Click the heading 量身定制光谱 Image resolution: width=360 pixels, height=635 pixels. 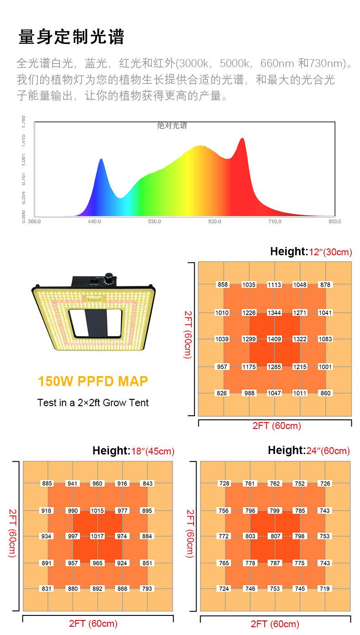(71, 37)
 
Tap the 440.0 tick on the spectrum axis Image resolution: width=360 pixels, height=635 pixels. (94, 221)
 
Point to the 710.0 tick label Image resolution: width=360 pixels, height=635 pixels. (274, 221)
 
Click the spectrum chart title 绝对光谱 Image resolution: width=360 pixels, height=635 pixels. (172, 126)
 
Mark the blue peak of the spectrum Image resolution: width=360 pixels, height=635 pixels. (101, 160)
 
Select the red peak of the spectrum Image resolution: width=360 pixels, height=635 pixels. (242, 139)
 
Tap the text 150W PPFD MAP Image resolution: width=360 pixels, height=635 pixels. (93, 381)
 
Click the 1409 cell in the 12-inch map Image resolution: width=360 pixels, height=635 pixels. (274, 339)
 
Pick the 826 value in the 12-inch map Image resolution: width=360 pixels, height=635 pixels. (222, 393)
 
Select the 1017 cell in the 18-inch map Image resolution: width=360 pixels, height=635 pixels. (97, 537)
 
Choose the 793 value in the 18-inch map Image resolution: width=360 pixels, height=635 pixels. (147, 589)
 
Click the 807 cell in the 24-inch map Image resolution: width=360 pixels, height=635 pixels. (275, 537)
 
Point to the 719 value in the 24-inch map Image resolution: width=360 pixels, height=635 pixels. (324, 589)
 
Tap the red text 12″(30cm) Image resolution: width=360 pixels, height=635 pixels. (331, 252)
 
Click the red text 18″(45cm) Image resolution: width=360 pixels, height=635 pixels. (153, 452)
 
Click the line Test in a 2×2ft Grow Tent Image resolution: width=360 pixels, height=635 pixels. (93, 403)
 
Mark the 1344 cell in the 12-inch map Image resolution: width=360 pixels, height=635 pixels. (274, 313)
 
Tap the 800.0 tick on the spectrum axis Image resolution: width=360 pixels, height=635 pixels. (334, 221)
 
